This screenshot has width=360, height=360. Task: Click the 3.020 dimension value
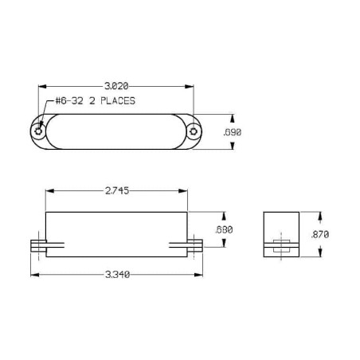(x=116, y=86)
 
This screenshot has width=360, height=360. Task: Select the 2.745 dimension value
(x=117, y=190)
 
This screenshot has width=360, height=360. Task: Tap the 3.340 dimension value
(x=117, y=274)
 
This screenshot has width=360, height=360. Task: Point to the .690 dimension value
(x=233, y=132)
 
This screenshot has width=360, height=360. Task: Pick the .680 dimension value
(x=224, y=229)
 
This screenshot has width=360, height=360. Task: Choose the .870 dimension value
(x=320, y=234)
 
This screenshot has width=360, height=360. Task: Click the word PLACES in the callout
(x=118, y=101)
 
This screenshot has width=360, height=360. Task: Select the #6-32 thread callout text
(x=69, y=101)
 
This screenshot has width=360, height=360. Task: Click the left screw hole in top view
(x=38, y=131)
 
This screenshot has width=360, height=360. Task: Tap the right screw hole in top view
(x=194, y=131)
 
